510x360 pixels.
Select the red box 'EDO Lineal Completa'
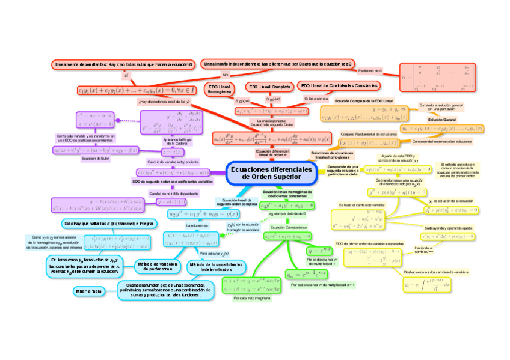[270, 87]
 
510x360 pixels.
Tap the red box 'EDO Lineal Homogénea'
[220, 90]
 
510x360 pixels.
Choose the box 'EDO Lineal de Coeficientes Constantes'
[339, 86]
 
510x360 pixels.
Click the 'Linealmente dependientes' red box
[124, 63]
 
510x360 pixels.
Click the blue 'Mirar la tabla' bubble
[88, 291]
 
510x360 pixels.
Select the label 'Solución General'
[442, 120]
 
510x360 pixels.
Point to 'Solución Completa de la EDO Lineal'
[363, 101]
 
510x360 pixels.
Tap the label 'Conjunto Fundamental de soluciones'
[369, 134]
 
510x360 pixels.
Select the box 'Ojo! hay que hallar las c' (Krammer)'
[108, 224]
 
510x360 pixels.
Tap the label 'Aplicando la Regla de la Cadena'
[174, 141]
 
